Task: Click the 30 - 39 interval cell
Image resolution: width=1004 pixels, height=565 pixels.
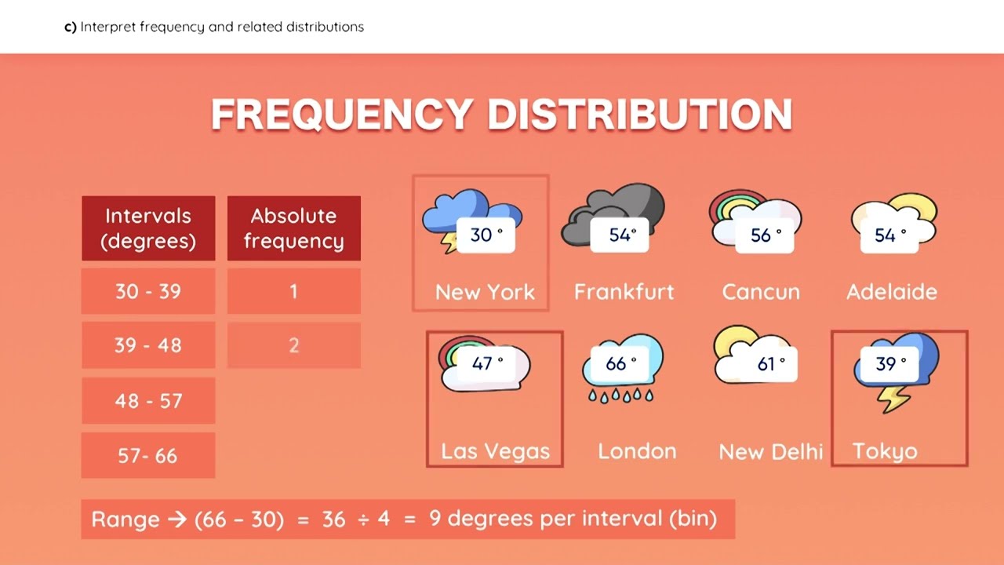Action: point(148,291)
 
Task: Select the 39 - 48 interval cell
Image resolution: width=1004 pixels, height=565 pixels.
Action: point(148,345)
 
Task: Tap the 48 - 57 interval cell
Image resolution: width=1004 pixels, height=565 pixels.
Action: point(148,400)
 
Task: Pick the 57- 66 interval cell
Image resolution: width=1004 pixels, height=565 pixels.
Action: point(148,455)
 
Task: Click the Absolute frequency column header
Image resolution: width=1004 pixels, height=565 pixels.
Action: point(294,228)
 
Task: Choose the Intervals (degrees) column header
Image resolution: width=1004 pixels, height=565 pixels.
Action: point(148,228)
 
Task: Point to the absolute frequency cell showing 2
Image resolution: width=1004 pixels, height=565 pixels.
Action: point(294,345)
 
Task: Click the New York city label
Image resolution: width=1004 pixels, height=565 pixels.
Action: point(485,292)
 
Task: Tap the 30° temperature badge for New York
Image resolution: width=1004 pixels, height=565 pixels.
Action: point(486,235)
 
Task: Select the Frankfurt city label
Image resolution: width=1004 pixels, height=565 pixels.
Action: point(624,292)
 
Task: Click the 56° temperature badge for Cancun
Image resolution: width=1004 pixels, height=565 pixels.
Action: point(766,235)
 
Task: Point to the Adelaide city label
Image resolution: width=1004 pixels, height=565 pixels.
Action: point(892,292)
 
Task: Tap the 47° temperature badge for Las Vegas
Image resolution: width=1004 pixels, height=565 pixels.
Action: point(487,364)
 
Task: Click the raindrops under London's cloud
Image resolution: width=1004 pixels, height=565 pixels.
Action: point(620,395)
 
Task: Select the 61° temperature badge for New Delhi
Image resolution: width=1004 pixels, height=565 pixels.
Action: point(771,364)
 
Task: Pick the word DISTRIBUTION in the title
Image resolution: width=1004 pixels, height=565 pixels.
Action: point(639,115)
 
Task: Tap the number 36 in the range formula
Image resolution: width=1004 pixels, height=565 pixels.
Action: point(333,519)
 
